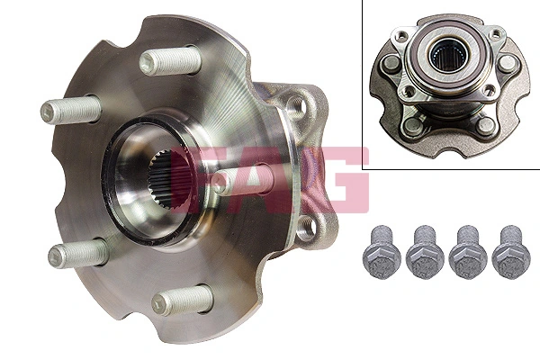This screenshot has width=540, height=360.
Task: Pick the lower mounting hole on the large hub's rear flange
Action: (x=306, y=227)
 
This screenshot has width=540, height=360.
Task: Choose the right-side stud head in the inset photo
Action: (x=509, y=63)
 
